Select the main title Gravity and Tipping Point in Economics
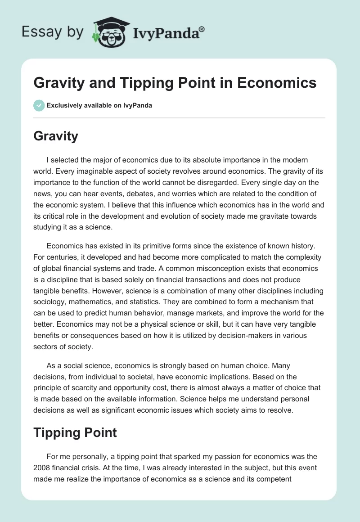click(175, 83)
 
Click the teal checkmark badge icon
click(39, 105)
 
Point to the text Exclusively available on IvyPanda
click(99, 106)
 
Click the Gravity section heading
click(56, 136)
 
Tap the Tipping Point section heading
click(75, 433)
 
